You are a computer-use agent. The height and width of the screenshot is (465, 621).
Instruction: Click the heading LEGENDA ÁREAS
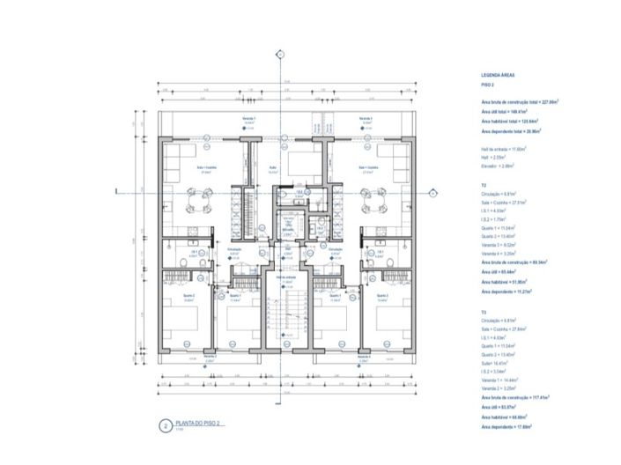499,77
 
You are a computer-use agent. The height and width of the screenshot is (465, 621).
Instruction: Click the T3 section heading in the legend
484,309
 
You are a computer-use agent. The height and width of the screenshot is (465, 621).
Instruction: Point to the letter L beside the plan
117,190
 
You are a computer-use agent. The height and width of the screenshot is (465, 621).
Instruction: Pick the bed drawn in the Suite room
299,161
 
